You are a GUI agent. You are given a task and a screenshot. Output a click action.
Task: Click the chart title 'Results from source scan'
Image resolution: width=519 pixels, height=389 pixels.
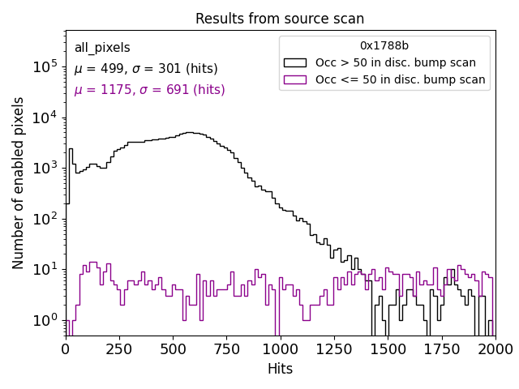(x=280, y=19)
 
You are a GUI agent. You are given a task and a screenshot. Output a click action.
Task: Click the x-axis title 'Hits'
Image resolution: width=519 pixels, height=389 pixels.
(x=280, y=369)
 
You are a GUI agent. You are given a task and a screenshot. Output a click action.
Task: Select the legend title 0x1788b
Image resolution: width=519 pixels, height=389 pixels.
(x=384, y=45)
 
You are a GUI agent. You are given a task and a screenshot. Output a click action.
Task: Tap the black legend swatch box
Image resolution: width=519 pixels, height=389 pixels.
(x=294, y=62)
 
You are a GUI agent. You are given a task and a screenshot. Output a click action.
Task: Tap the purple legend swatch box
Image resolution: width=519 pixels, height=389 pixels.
(x=294, y=79)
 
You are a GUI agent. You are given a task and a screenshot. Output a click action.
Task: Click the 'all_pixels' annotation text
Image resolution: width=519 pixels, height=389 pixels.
(x=102, y=48)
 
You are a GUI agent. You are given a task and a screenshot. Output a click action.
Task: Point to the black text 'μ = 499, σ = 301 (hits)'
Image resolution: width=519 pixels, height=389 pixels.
(x=146, y=69)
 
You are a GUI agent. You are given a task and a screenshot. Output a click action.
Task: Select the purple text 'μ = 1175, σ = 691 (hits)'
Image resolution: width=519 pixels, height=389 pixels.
(x=149, y=90)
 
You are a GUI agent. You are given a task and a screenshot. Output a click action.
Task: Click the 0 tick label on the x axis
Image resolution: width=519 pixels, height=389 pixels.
(x=66, y=348)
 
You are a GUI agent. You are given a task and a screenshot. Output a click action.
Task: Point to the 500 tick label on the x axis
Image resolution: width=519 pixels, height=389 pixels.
(x=174, y=348)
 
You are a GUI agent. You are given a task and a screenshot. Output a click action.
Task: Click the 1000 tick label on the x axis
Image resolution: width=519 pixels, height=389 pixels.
(x=281, y=348)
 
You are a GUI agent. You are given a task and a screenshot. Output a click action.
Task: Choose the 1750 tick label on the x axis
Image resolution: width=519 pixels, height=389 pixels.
(x=442, y=348)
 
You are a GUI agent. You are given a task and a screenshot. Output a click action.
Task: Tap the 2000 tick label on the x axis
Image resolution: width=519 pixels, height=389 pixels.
(x=495, y=348)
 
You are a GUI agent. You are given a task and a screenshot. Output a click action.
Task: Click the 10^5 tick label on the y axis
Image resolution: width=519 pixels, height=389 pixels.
(x=45, y=66)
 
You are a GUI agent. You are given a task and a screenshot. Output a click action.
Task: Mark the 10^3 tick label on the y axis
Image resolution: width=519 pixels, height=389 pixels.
(x=45, y=168)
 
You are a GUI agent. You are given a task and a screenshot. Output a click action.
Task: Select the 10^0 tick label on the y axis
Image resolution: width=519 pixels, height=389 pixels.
(x=45, y=320)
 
